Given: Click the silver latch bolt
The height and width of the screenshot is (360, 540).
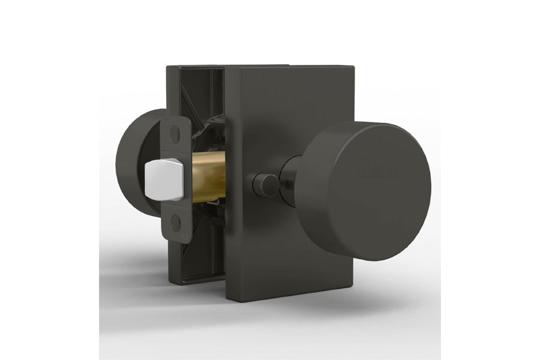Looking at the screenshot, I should click(x=163, y=179).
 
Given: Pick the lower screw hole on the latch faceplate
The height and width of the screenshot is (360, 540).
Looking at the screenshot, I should click(x=175, y=223).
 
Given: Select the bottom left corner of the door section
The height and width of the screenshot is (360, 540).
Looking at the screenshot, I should click(x=182, y=278).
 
